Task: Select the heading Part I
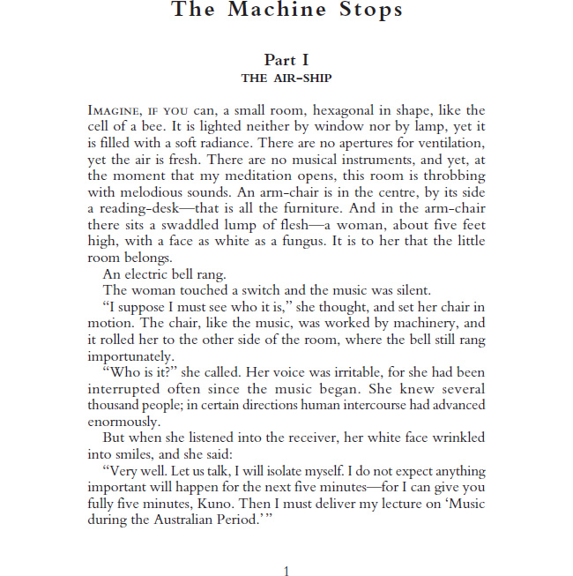coord(286,60)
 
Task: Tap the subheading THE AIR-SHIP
coord(286,78)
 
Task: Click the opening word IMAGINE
coord(115,111)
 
